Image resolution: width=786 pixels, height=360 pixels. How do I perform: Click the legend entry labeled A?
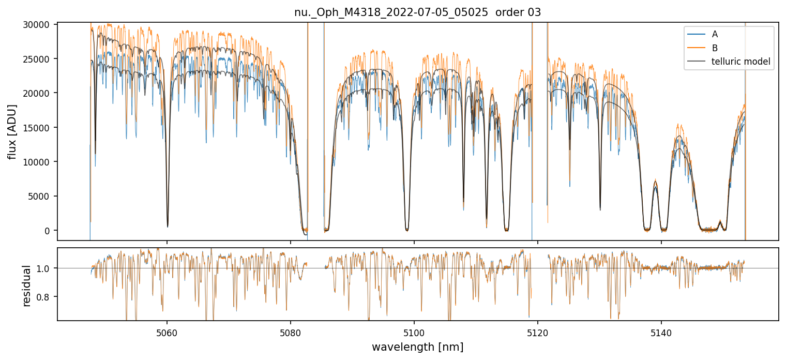pos(715,34)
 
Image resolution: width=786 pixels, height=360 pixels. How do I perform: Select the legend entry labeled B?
pos(715,48)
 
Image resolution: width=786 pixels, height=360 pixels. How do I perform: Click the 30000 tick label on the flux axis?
pos(39,25)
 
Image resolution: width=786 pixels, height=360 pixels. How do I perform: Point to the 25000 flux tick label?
pos(39,59)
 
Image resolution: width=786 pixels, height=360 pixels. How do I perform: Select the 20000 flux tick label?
pos(39,93)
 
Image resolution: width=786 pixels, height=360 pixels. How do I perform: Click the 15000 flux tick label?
pos(39,128)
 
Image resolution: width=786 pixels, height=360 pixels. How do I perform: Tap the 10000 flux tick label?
pos(39,162)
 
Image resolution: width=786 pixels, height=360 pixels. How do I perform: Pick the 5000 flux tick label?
pos(41,196)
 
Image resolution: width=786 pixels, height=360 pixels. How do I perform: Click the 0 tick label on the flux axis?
pos(49,231)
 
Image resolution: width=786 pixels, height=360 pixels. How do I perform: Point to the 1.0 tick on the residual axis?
pos(46,268)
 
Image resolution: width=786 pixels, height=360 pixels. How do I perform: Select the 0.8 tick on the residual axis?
pos(46,297)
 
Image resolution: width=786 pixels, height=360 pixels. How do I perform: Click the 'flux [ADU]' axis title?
pos(12,131)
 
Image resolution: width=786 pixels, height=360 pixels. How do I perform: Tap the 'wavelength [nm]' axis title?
pos(418,347)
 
